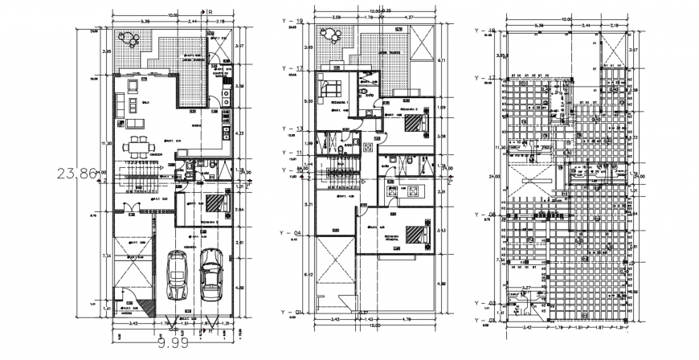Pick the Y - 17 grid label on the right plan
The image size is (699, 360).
(484, 78)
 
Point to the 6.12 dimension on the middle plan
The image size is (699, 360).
(309, 274)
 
